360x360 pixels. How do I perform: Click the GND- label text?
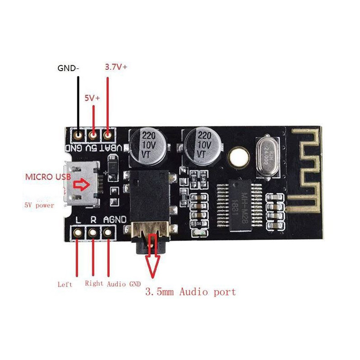68,68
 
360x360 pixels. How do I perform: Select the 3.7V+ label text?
116,67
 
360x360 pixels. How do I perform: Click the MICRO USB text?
48,176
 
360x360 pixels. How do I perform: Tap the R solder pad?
93,233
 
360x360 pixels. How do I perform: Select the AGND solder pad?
108,233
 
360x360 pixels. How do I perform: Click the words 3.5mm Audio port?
190,292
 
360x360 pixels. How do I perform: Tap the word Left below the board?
65,284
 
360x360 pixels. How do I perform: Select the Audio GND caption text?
124,284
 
